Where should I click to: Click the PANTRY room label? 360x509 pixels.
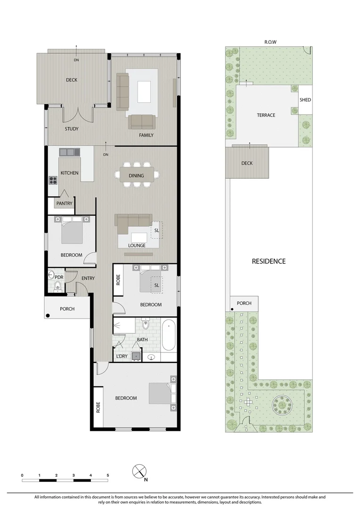pos(64,203)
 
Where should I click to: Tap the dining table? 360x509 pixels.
pos(136,175)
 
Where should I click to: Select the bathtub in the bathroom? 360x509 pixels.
pos(169,336)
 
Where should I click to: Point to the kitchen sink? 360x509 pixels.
pos(69,152)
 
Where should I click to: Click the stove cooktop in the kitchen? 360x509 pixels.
pos(53,180)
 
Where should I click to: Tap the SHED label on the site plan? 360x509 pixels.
pos(305,99)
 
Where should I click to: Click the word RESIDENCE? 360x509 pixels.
pos(269,261)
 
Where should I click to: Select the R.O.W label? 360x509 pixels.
pos(270,42)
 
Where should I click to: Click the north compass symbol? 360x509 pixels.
pos(139,471)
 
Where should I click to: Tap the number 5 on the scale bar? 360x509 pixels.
pos(108,475)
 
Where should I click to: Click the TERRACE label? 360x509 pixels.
pos(266,115)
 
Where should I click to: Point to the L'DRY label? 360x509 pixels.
pos(122,356)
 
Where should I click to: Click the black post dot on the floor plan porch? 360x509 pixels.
pos(48,315)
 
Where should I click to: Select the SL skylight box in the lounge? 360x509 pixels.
pos(157,230)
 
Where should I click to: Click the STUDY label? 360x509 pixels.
pos(72,129)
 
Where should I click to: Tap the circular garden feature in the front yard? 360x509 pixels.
pos(281,404)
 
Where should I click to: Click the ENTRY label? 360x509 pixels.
pos(88,278)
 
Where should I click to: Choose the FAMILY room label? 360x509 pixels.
pos(146,135)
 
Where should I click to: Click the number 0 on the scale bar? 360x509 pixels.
pos(22,475)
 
